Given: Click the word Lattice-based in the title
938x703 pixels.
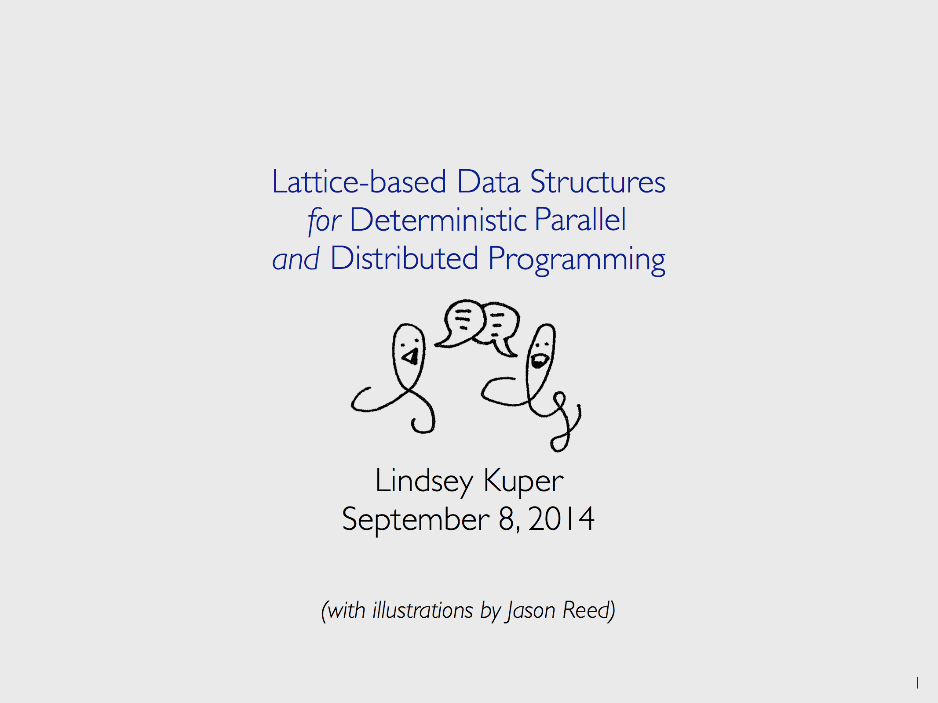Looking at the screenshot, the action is (359, 181).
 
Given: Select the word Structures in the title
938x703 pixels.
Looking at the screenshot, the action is (598, 181).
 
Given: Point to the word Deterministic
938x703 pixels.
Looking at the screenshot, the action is (438, 220).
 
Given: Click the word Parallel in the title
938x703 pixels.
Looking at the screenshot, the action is (580, 219).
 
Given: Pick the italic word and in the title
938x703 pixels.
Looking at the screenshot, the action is (296, 259).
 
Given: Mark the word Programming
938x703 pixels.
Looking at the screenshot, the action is (577, 260).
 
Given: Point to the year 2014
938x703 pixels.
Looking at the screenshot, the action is (562, 519).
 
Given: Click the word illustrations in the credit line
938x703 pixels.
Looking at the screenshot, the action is (423, 610).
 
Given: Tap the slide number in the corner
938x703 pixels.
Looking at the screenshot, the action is (917, 683).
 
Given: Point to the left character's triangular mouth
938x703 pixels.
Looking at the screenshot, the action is (411, 356).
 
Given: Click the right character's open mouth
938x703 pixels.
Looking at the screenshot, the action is (538, 362).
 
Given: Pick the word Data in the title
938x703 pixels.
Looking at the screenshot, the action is (489, 181).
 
